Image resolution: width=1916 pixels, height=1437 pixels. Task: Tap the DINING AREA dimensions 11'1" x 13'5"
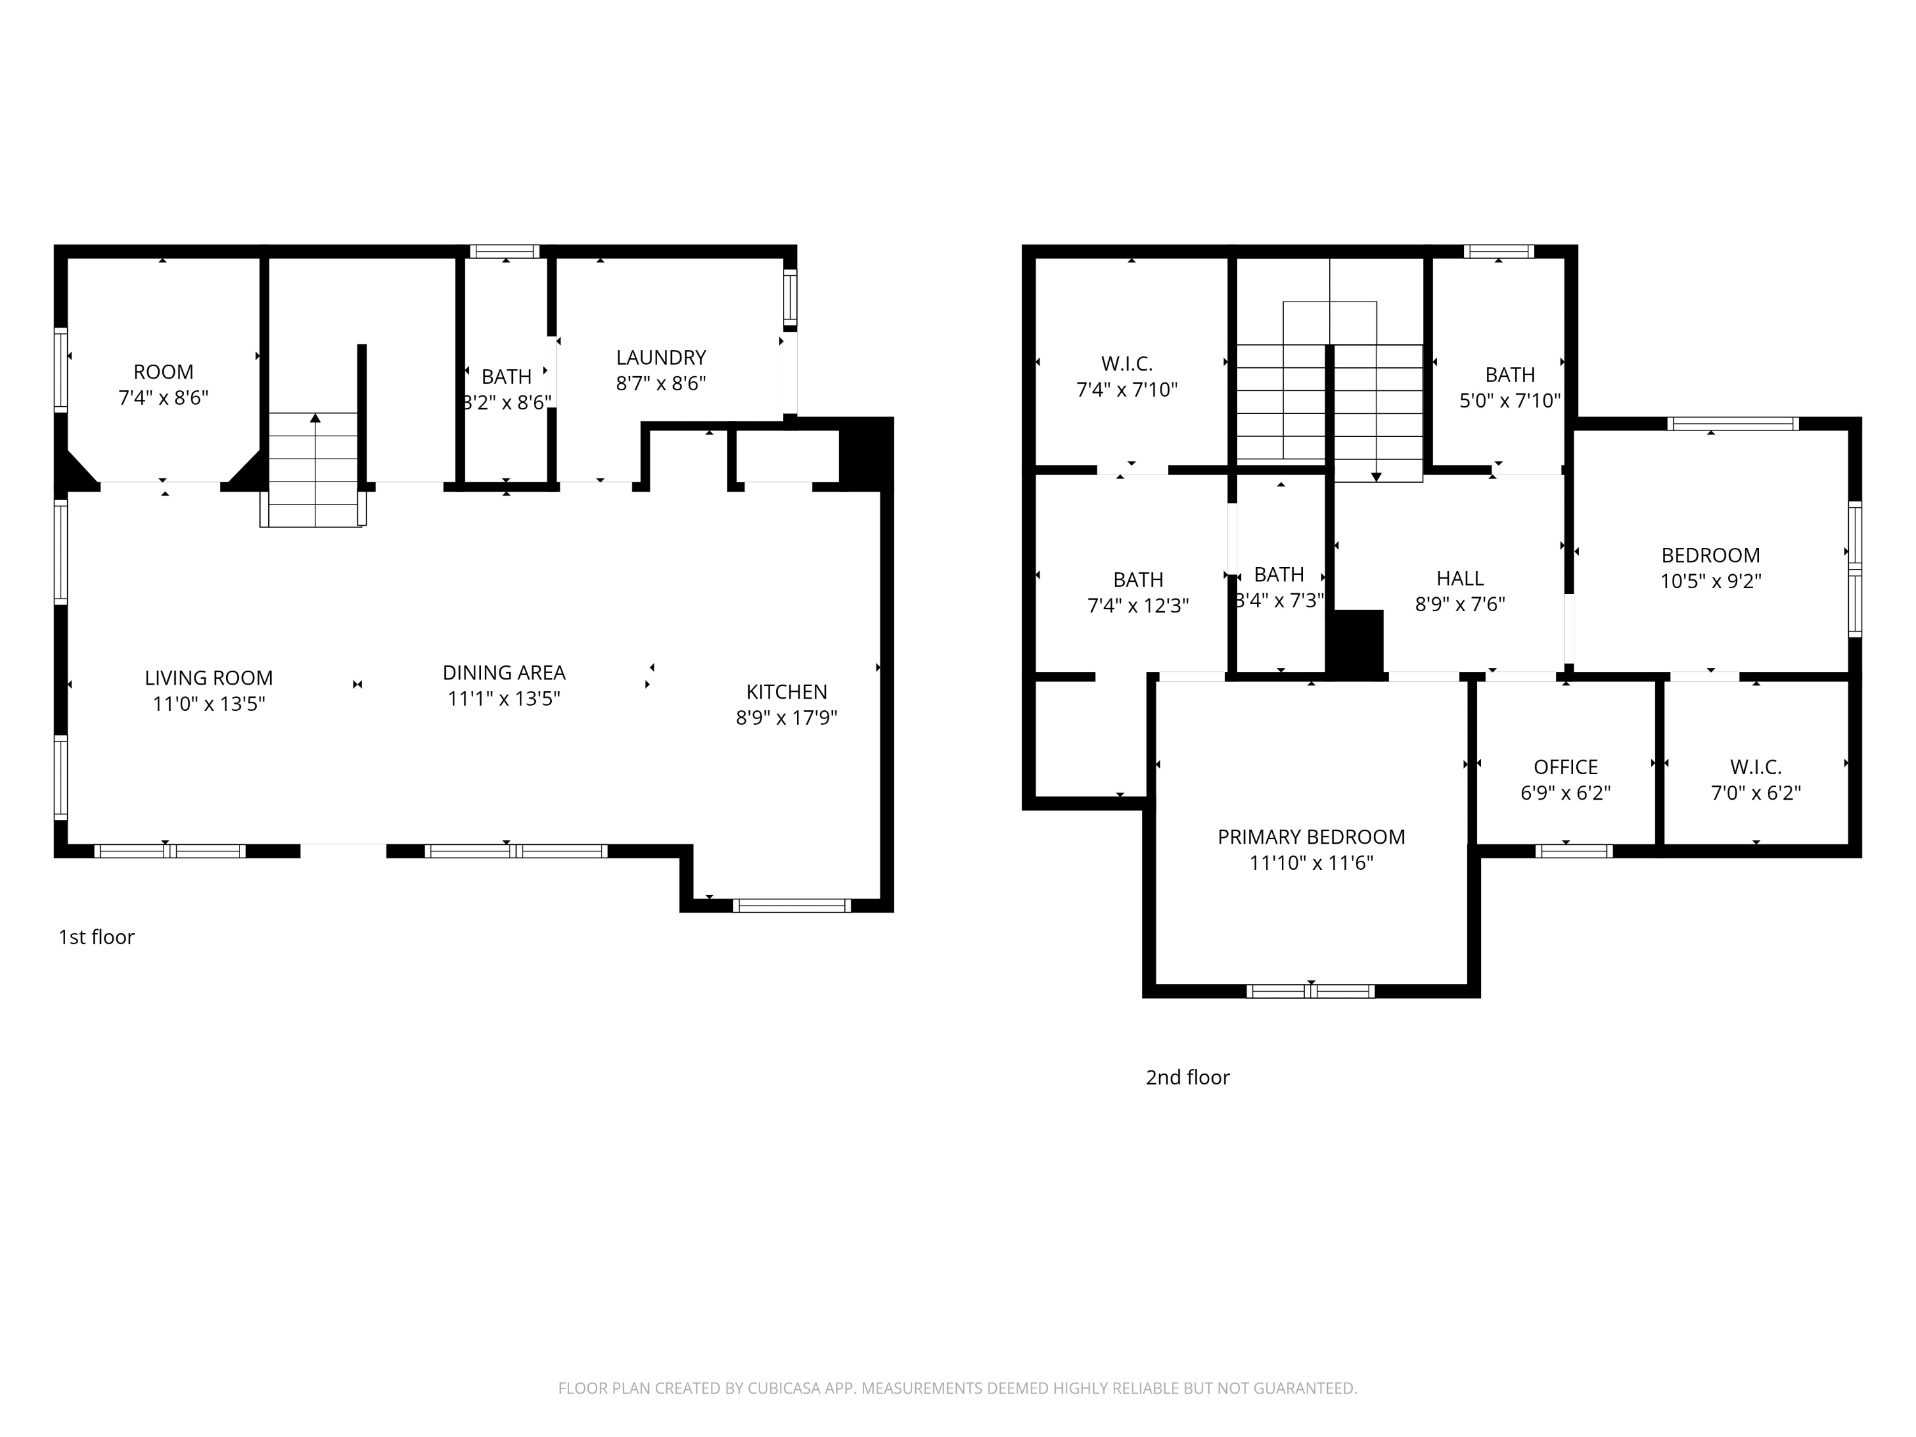[503, 698]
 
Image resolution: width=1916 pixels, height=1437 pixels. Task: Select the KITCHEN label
[786, 691]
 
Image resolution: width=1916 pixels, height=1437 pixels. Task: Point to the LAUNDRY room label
[661, 357]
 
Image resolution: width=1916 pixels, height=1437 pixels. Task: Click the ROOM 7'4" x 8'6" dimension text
[163, 398]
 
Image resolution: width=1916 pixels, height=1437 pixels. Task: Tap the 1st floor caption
[96, 936]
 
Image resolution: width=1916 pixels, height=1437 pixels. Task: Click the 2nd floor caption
[1187, 1077]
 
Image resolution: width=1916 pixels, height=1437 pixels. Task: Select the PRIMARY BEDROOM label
[1311, 837]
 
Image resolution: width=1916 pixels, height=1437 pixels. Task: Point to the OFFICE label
[1565, 766]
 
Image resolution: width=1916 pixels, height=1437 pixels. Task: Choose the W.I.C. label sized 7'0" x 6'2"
[1755, 766]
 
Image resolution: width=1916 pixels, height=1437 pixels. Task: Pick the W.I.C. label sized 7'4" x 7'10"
[1126, 364]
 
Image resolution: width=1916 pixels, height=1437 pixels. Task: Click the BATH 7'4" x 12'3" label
[1137, 579]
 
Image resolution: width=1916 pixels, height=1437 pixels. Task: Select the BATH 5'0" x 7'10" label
[1509, 375]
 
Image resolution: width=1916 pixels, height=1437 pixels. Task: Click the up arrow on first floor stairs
[316, 418]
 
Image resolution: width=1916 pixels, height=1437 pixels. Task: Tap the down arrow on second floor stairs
[1376, 476]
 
